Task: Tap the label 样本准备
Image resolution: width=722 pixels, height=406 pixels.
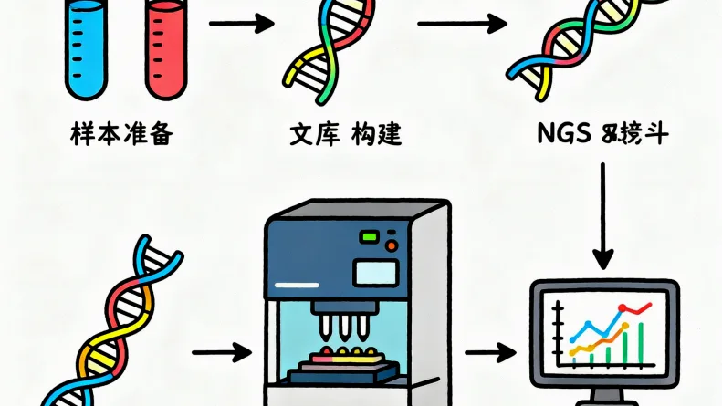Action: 120,136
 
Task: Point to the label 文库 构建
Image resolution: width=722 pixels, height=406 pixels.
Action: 345,136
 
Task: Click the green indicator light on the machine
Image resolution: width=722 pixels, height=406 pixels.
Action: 370,237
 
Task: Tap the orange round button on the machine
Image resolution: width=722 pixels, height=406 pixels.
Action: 392,245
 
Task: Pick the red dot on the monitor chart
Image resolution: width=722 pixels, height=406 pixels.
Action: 622,308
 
